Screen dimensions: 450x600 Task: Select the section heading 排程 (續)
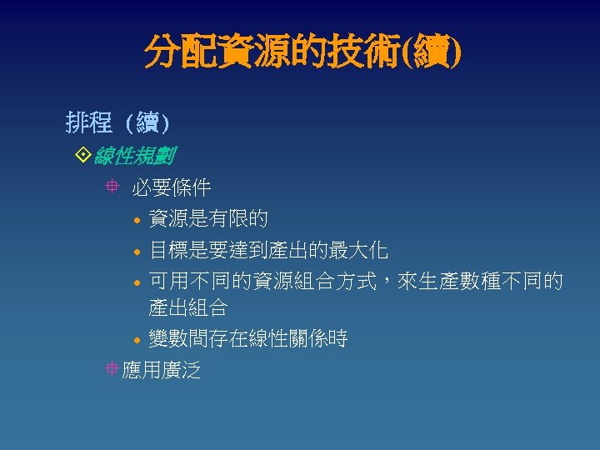pos(117,124)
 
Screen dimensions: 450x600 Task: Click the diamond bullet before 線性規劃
pos(82,156)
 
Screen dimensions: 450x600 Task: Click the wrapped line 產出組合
pos(187,308)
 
